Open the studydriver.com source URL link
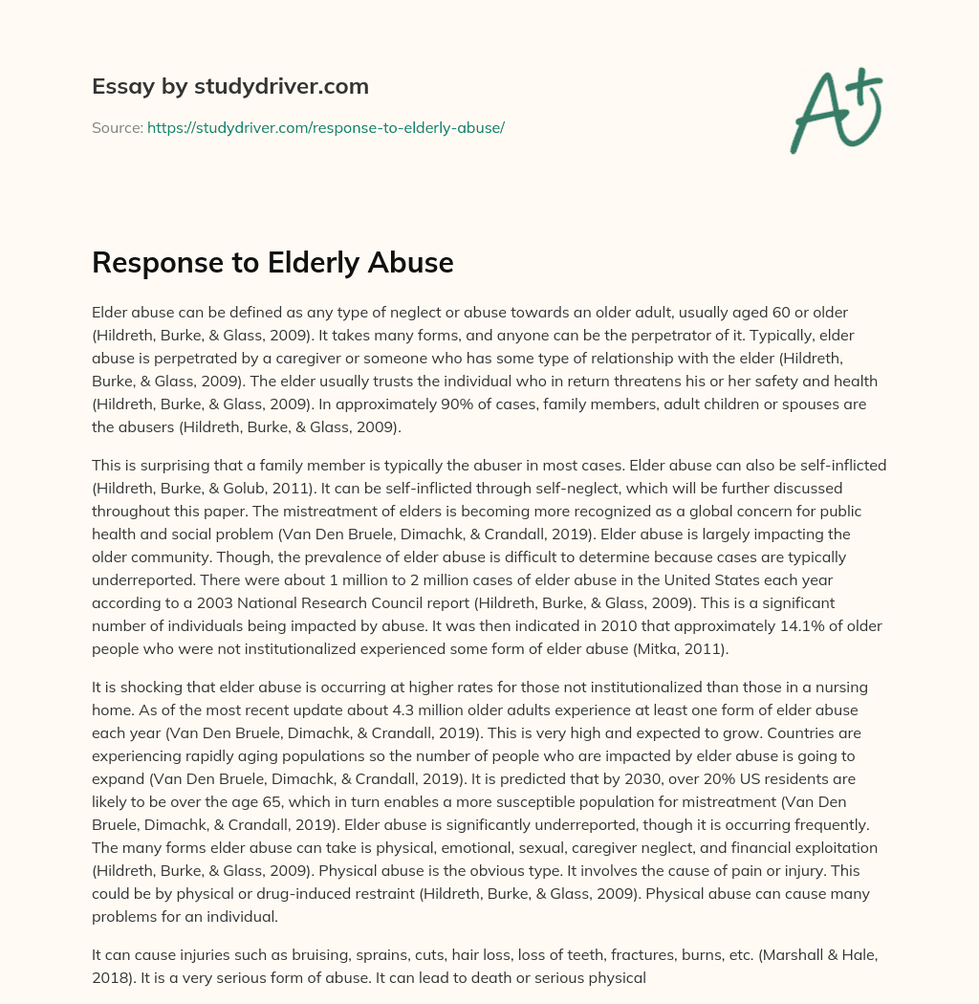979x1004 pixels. tap(325, 127)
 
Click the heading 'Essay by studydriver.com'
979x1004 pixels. tap(229, 86)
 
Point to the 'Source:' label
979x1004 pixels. tap(117, 127)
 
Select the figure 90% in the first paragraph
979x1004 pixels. tap(504, 404)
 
